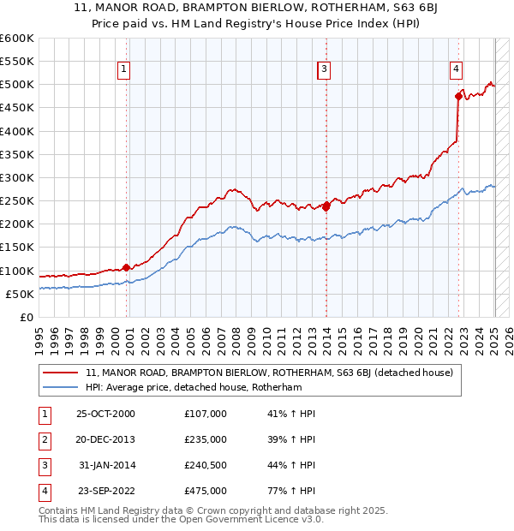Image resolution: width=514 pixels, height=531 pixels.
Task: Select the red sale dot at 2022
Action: (x=458, y=97)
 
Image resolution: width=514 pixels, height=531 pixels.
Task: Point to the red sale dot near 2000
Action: (x=127, y=267)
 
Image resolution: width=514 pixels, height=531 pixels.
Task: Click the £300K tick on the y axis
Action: (x=19, y=178)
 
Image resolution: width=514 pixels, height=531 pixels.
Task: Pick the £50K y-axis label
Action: (x=19, y=294)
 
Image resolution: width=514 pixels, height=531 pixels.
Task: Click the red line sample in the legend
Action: (x=59, y=373)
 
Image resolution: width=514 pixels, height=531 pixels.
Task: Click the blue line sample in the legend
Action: (x=59, y=387)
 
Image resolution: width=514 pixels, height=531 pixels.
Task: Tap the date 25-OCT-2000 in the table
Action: (x=105, y=414)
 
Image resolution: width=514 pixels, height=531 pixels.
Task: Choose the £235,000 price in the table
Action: (x=206, y=439)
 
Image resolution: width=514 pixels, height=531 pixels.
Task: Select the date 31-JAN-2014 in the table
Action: (x=106, y=465)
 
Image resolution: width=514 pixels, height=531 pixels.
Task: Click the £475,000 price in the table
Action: (x=206, y=491)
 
